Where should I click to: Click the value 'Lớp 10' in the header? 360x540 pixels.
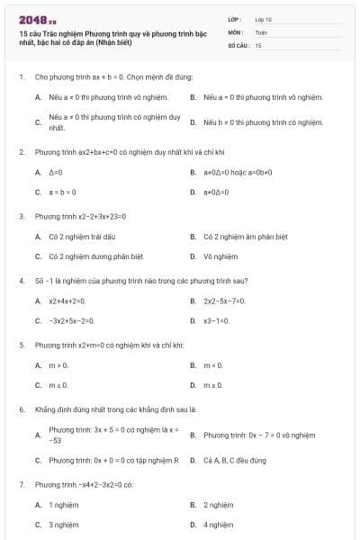coord(263,18)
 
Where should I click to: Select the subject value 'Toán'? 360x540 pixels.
coord(261,31)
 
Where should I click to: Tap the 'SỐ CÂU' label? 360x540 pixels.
coord(237,44)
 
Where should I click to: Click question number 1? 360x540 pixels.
coord(21,77)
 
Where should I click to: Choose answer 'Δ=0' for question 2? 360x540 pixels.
coord(56,172)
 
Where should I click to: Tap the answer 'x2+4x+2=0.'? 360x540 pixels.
coord(67,301)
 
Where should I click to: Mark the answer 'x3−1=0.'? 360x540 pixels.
coord(218,320)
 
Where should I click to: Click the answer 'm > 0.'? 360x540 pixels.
coord(58,365)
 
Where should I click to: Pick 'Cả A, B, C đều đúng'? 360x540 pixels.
coord(235,460)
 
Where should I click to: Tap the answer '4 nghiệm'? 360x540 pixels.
coord(219,524)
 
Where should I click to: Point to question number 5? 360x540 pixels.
coord(21,345)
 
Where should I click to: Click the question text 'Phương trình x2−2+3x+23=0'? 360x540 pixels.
coord(80,216)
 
